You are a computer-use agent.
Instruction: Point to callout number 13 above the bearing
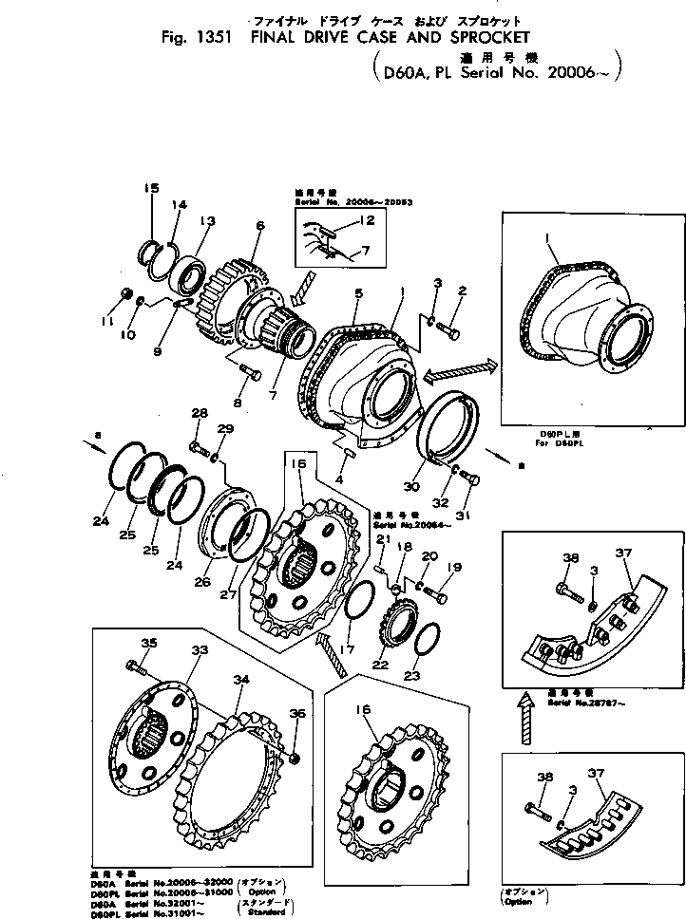[x=206, y=221]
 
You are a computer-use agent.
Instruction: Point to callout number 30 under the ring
[x=411, y=487]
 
